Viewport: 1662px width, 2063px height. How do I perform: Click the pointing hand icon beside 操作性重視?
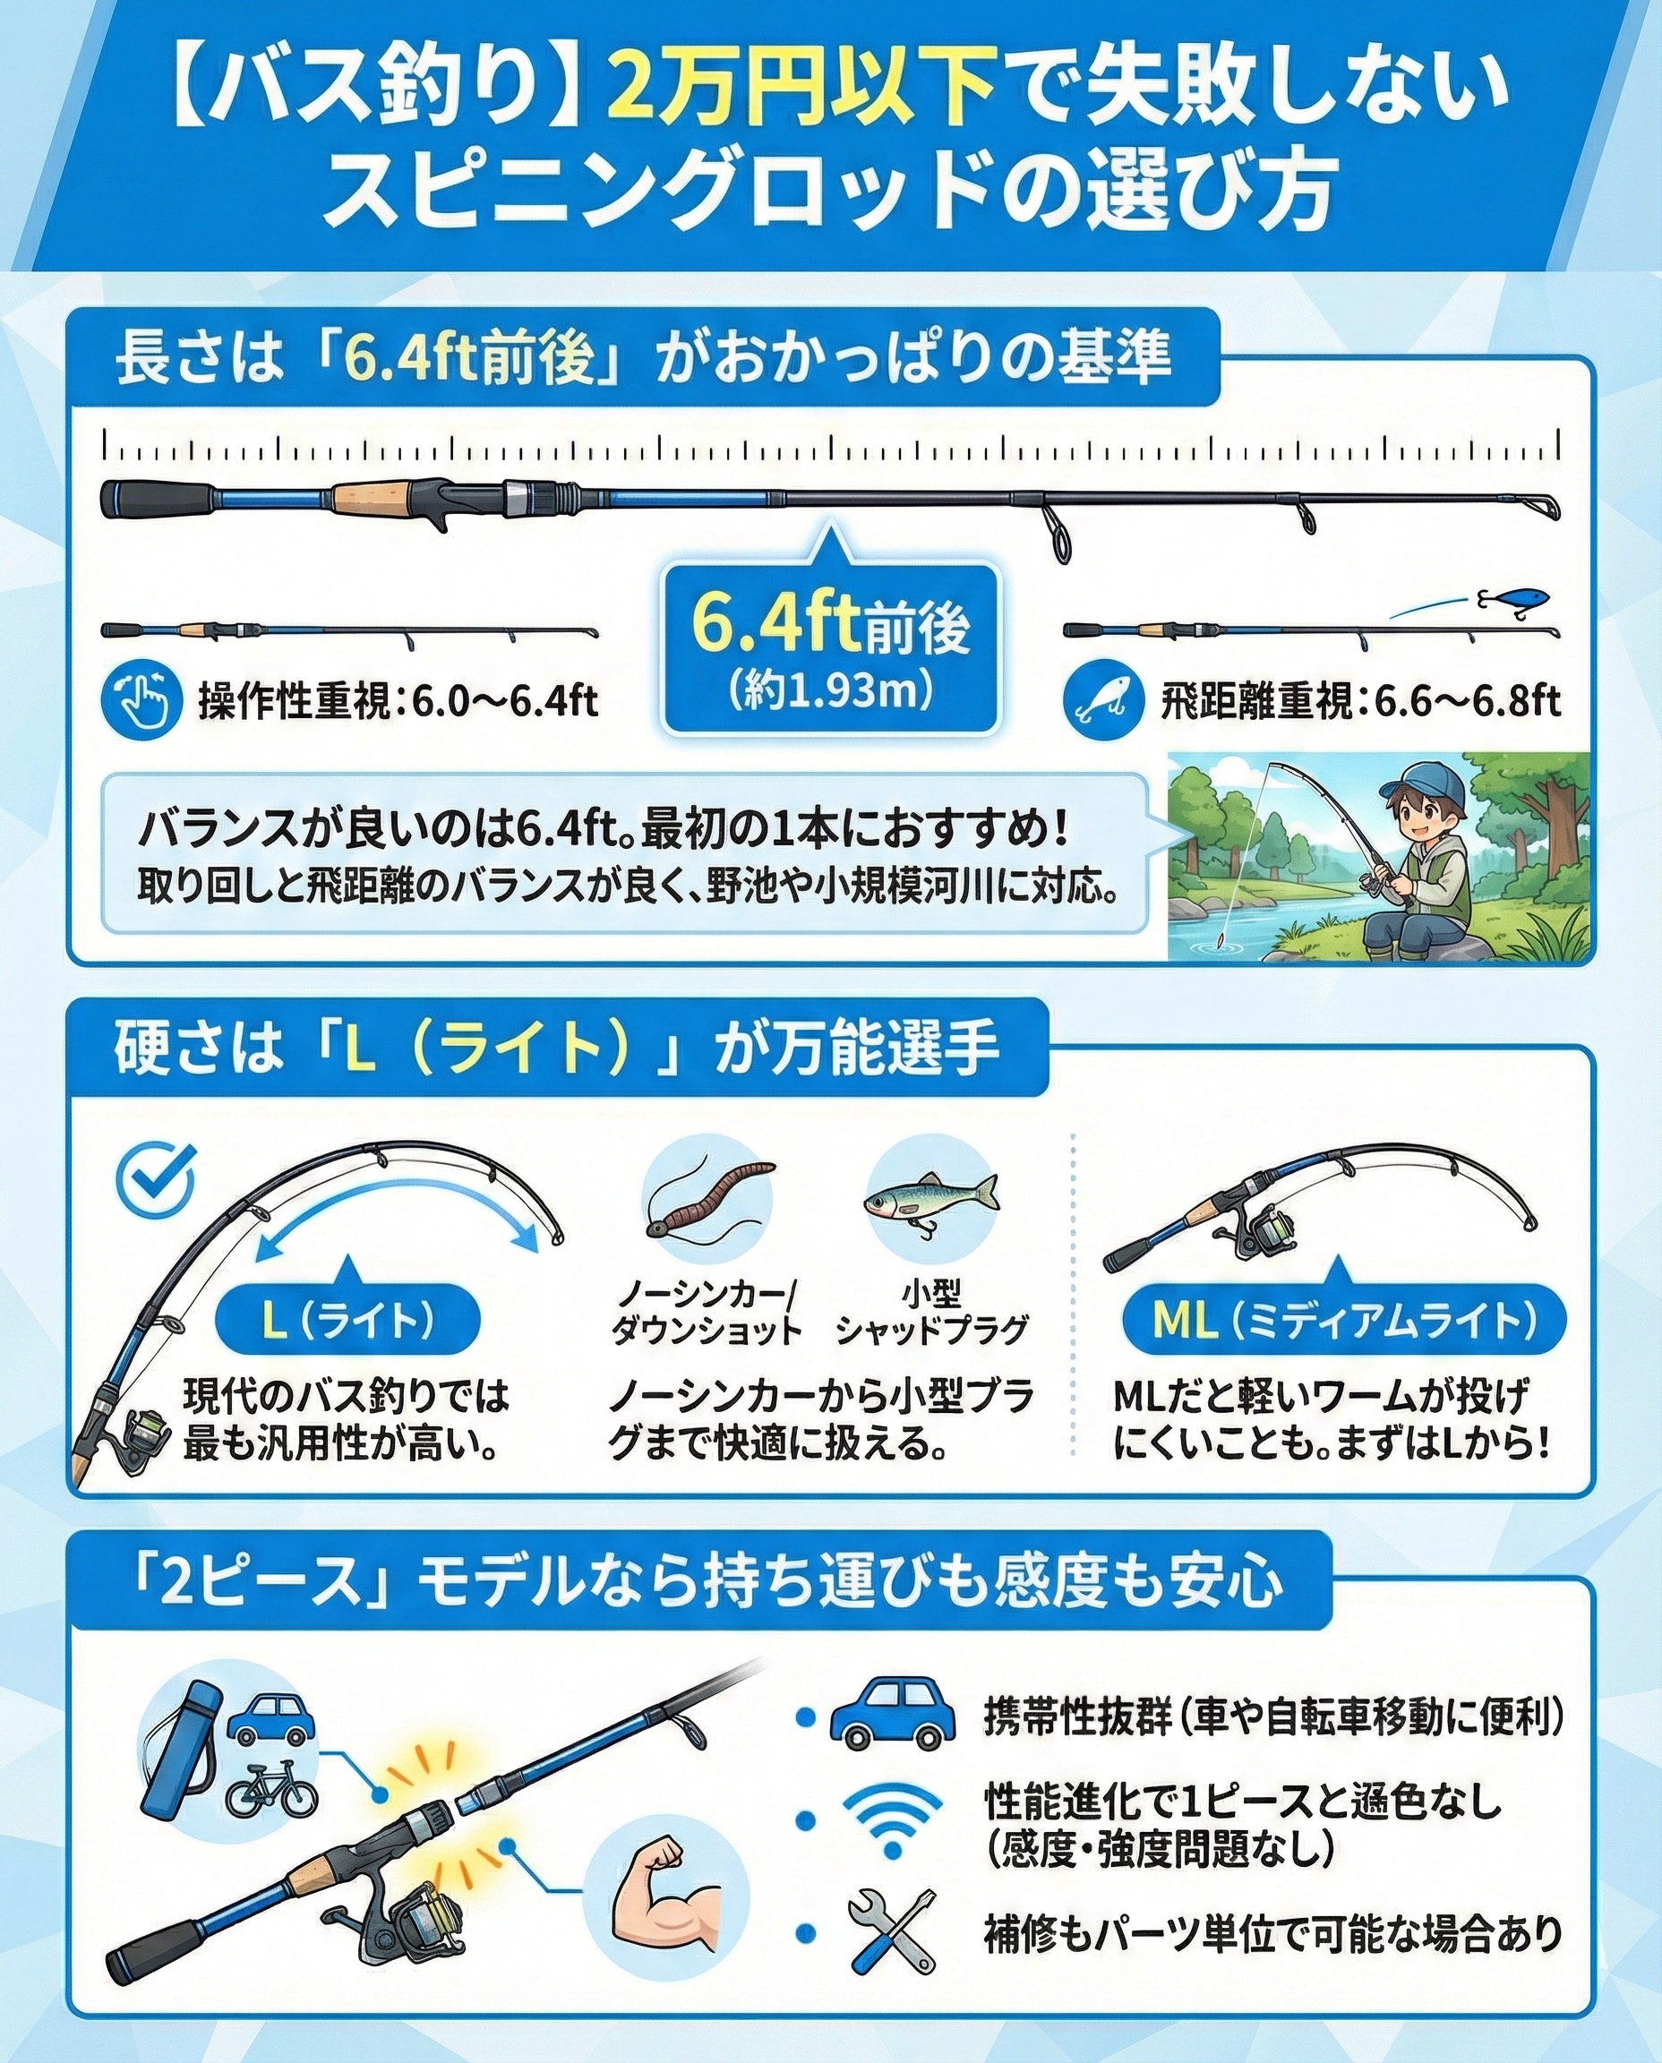click(x=141, y=700)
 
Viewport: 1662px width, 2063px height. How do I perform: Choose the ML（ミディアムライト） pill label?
click(x=1344, y=1321)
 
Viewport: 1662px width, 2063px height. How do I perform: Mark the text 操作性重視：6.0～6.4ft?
click(x=398, y=703)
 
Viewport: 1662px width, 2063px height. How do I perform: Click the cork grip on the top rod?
click(x=374, y=498)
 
